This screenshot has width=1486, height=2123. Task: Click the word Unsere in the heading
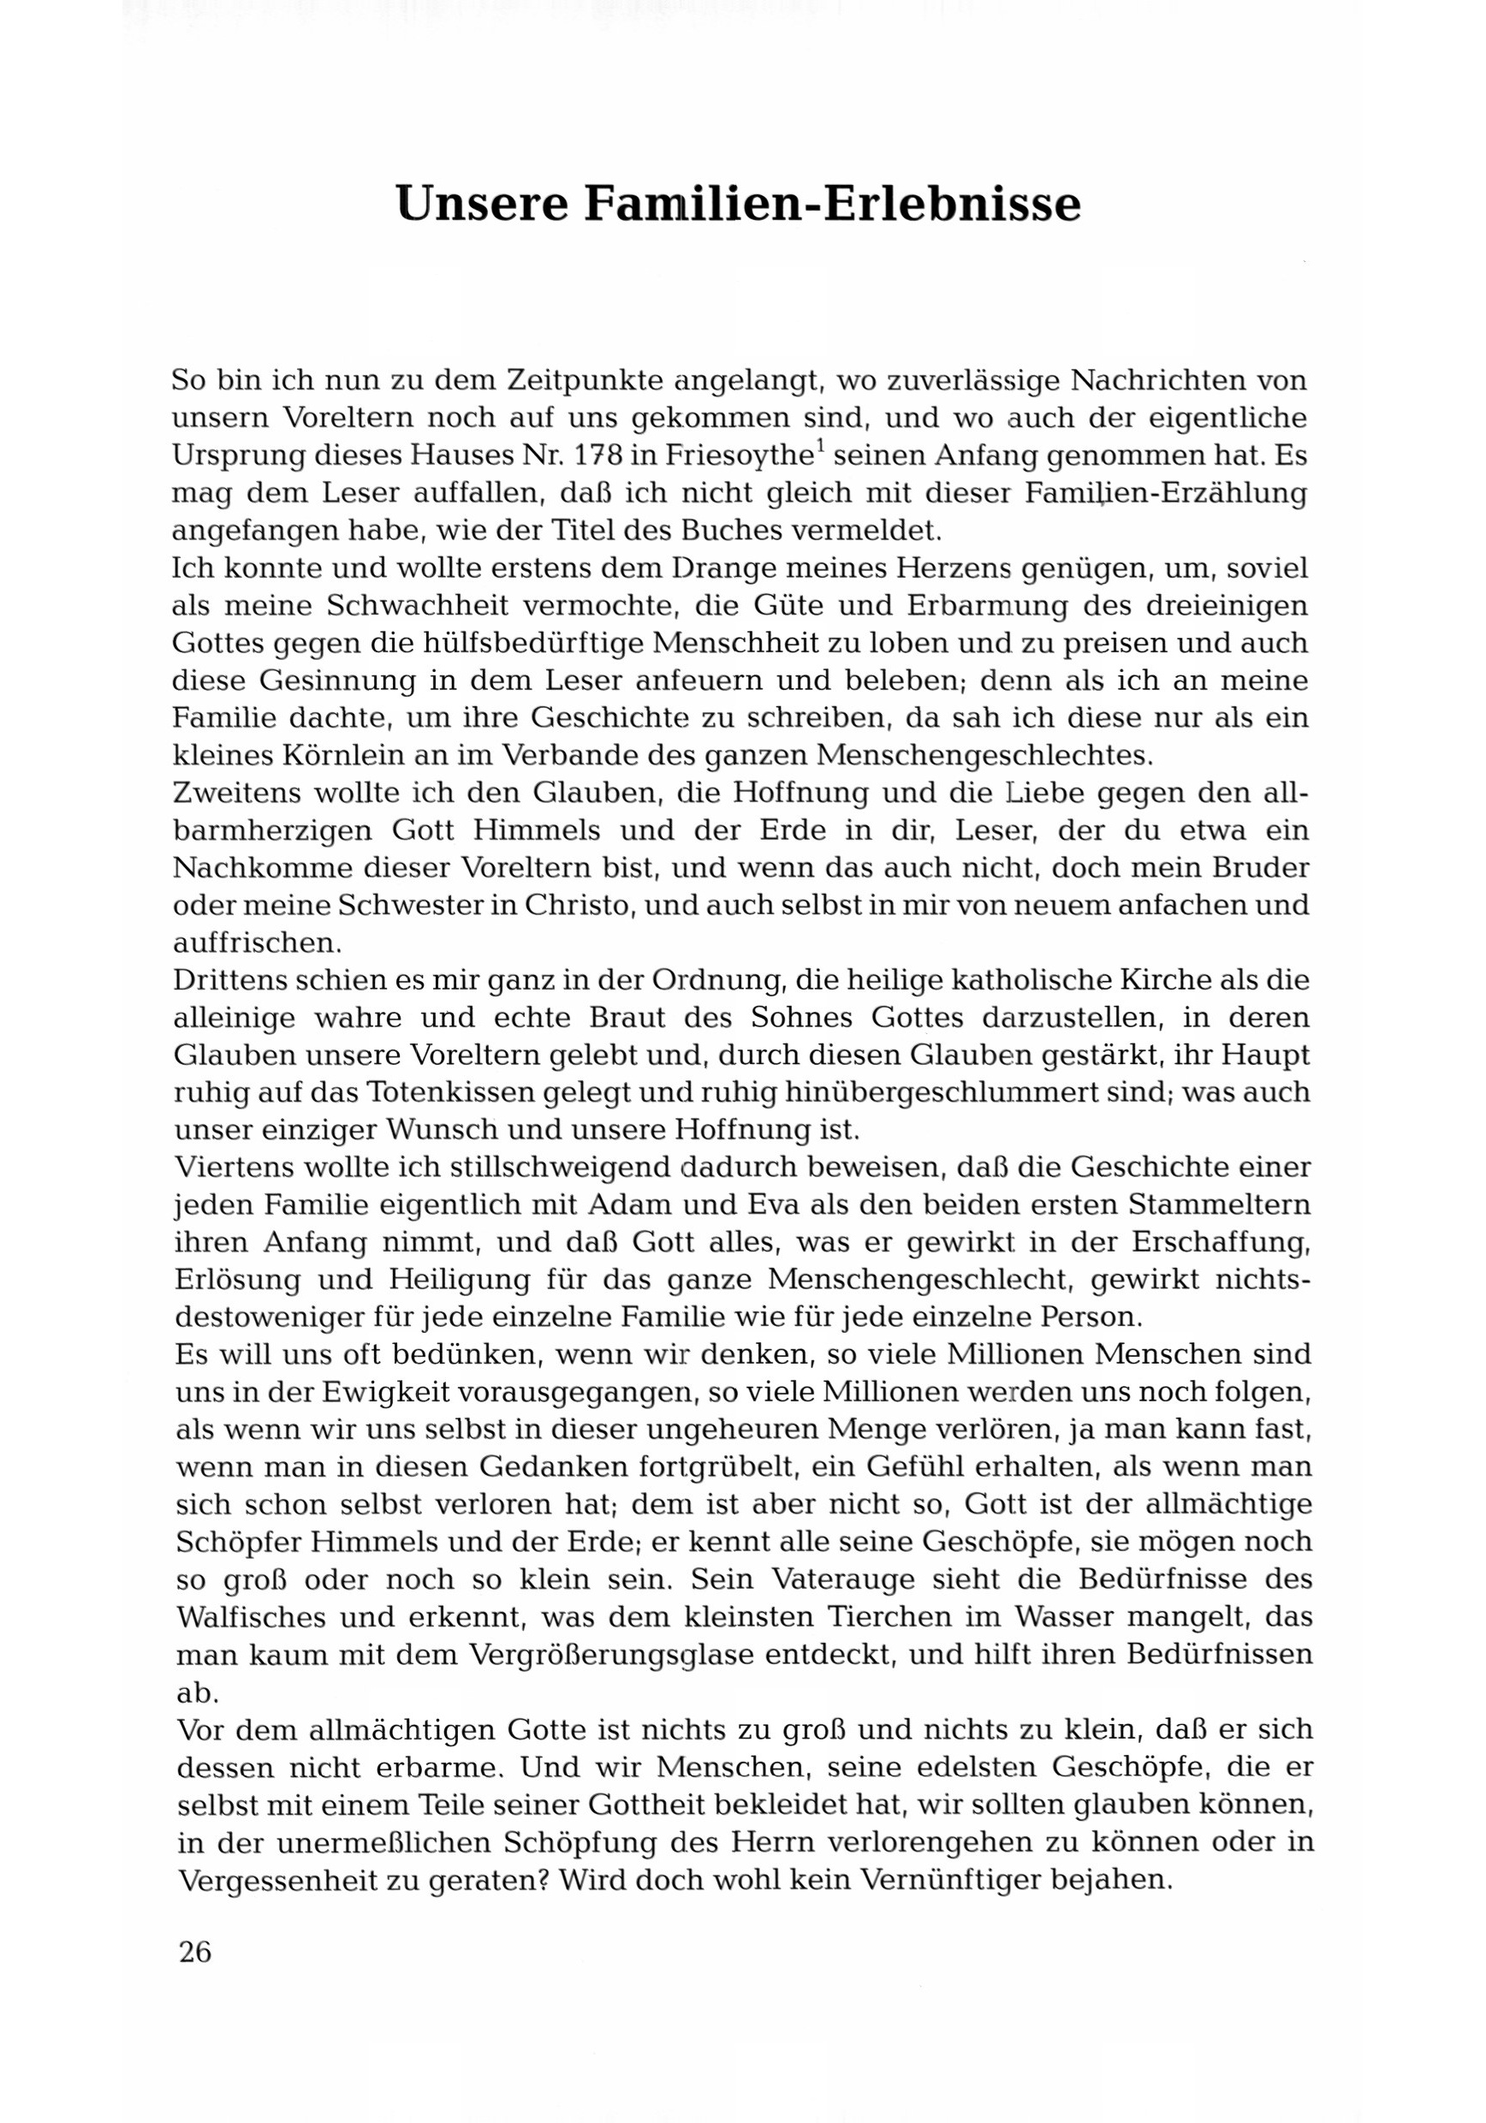(x=481, y=205)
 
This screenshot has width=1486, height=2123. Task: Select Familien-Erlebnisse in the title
(x=830, y=205)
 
